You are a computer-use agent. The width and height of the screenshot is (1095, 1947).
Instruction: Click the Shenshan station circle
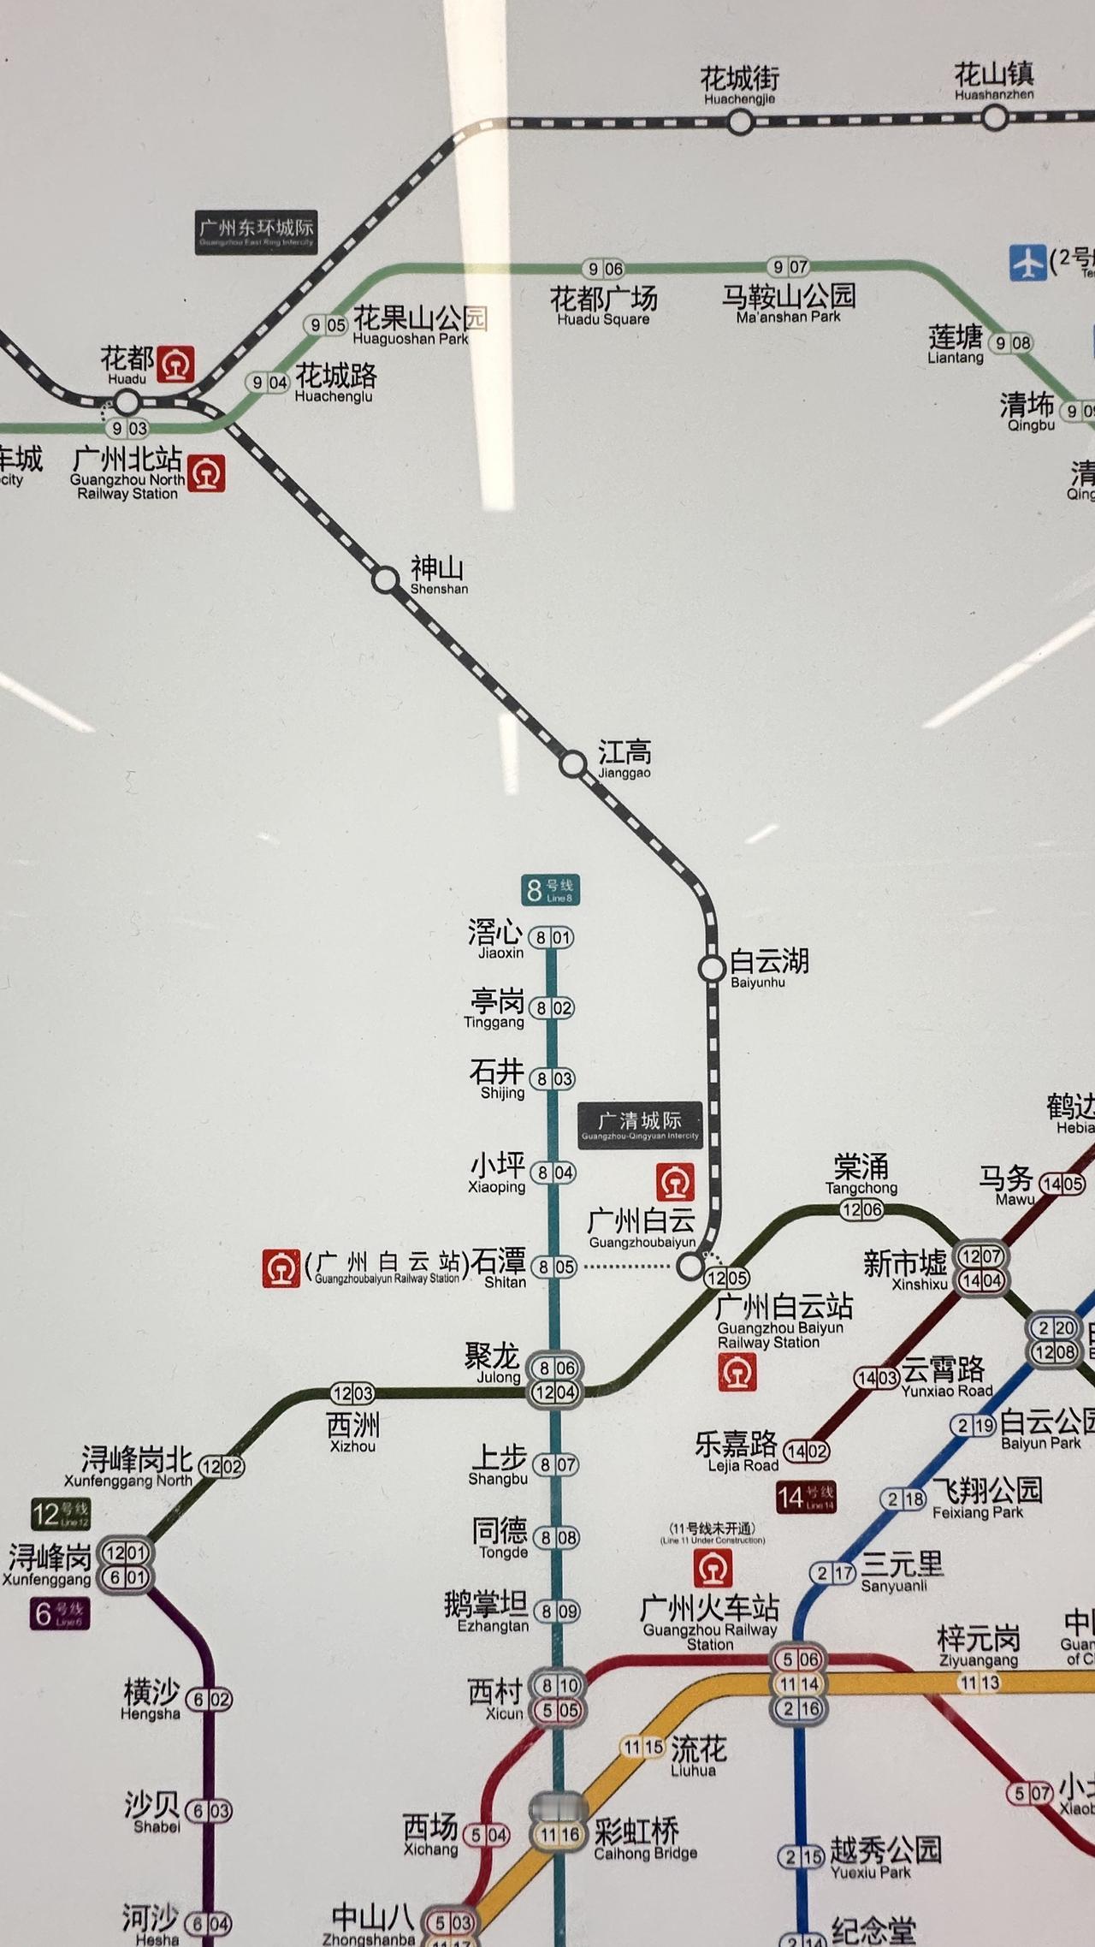[x=386, y=580]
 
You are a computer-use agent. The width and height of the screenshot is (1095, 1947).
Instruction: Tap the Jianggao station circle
[x=572, y=763]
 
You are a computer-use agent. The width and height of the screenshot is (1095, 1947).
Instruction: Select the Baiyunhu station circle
[x=712, y=969]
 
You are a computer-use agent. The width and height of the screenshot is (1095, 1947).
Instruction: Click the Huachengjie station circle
[x=740, y=122]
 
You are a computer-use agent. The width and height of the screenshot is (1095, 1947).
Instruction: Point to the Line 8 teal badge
[x=551, y=890]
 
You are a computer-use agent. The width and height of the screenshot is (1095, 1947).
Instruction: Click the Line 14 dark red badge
[x=805, y=1497]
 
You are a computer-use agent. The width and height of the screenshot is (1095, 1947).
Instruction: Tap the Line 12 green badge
[x=60, y=1513]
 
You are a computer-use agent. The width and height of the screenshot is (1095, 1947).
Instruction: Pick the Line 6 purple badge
[x=59, y=1614]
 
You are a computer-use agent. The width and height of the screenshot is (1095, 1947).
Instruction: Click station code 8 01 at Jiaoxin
[x=552, y=938]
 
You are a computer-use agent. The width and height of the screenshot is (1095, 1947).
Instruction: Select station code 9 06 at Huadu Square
[x=604, y=269]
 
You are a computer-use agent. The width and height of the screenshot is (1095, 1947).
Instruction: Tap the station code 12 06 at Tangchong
[x=861, y=1209]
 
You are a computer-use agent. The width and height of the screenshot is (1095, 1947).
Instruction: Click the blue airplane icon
[x=1027, y=262]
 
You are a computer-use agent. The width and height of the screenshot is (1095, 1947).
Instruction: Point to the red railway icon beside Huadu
[x=176, y=364]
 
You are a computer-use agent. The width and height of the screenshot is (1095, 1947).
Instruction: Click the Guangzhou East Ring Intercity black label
[x=257, y=231]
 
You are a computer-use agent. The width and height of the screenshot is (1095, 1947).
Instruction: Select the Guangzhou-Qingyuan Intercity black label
[x=640, y=1125]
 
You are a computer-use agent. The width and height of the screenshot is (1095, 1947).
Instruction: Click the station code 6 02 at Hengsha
[x=209, y=1700]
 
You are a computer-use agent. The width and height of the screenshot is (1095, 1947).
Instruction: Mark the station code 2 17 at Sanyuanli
[x=832, y=1573]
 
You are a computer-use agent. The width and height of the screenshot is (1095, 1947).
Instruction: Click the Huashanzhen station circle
[x=994, y=117]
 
